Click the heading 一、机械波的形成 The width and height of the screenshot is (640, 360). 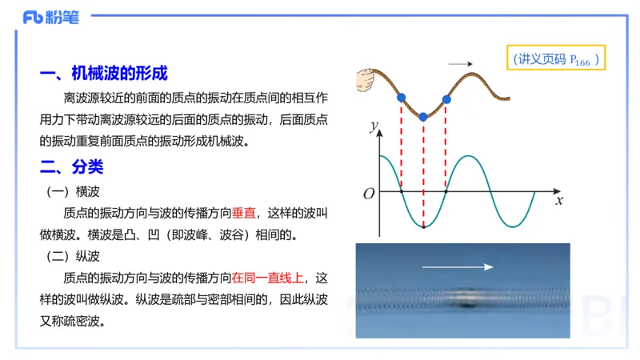click(x=103, y=74)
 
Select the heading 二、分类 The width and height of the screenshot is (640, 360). click(x=71, y=168)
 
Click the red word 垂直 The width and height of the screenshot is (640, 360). click(x=243, y=214)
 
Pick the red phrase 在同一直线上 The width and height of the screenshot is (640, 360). click(x=268, y=278)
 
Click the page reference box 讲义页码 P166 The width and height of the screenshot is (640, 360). click(x=557, y=60)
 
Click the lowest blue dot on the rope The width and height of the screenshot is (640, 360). click(x=424, y=117)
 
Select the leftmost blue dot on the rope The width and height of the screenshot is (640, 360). click(x=402, y=98)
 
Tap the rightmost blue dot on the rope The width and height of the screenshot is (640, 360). click(x=446, y=99)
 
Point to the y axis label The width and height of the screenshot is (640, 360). click(x=372, y=126)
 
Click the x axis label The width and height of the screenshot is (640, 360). click(x=559, y=200)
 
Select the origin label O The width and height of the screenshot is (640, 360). click(x=369, y=194)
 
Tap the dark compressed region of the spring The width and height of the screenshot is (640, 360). click(x=468, y=303)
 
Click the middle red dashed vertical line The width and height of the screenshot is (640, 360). click(x=424, y=172)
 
